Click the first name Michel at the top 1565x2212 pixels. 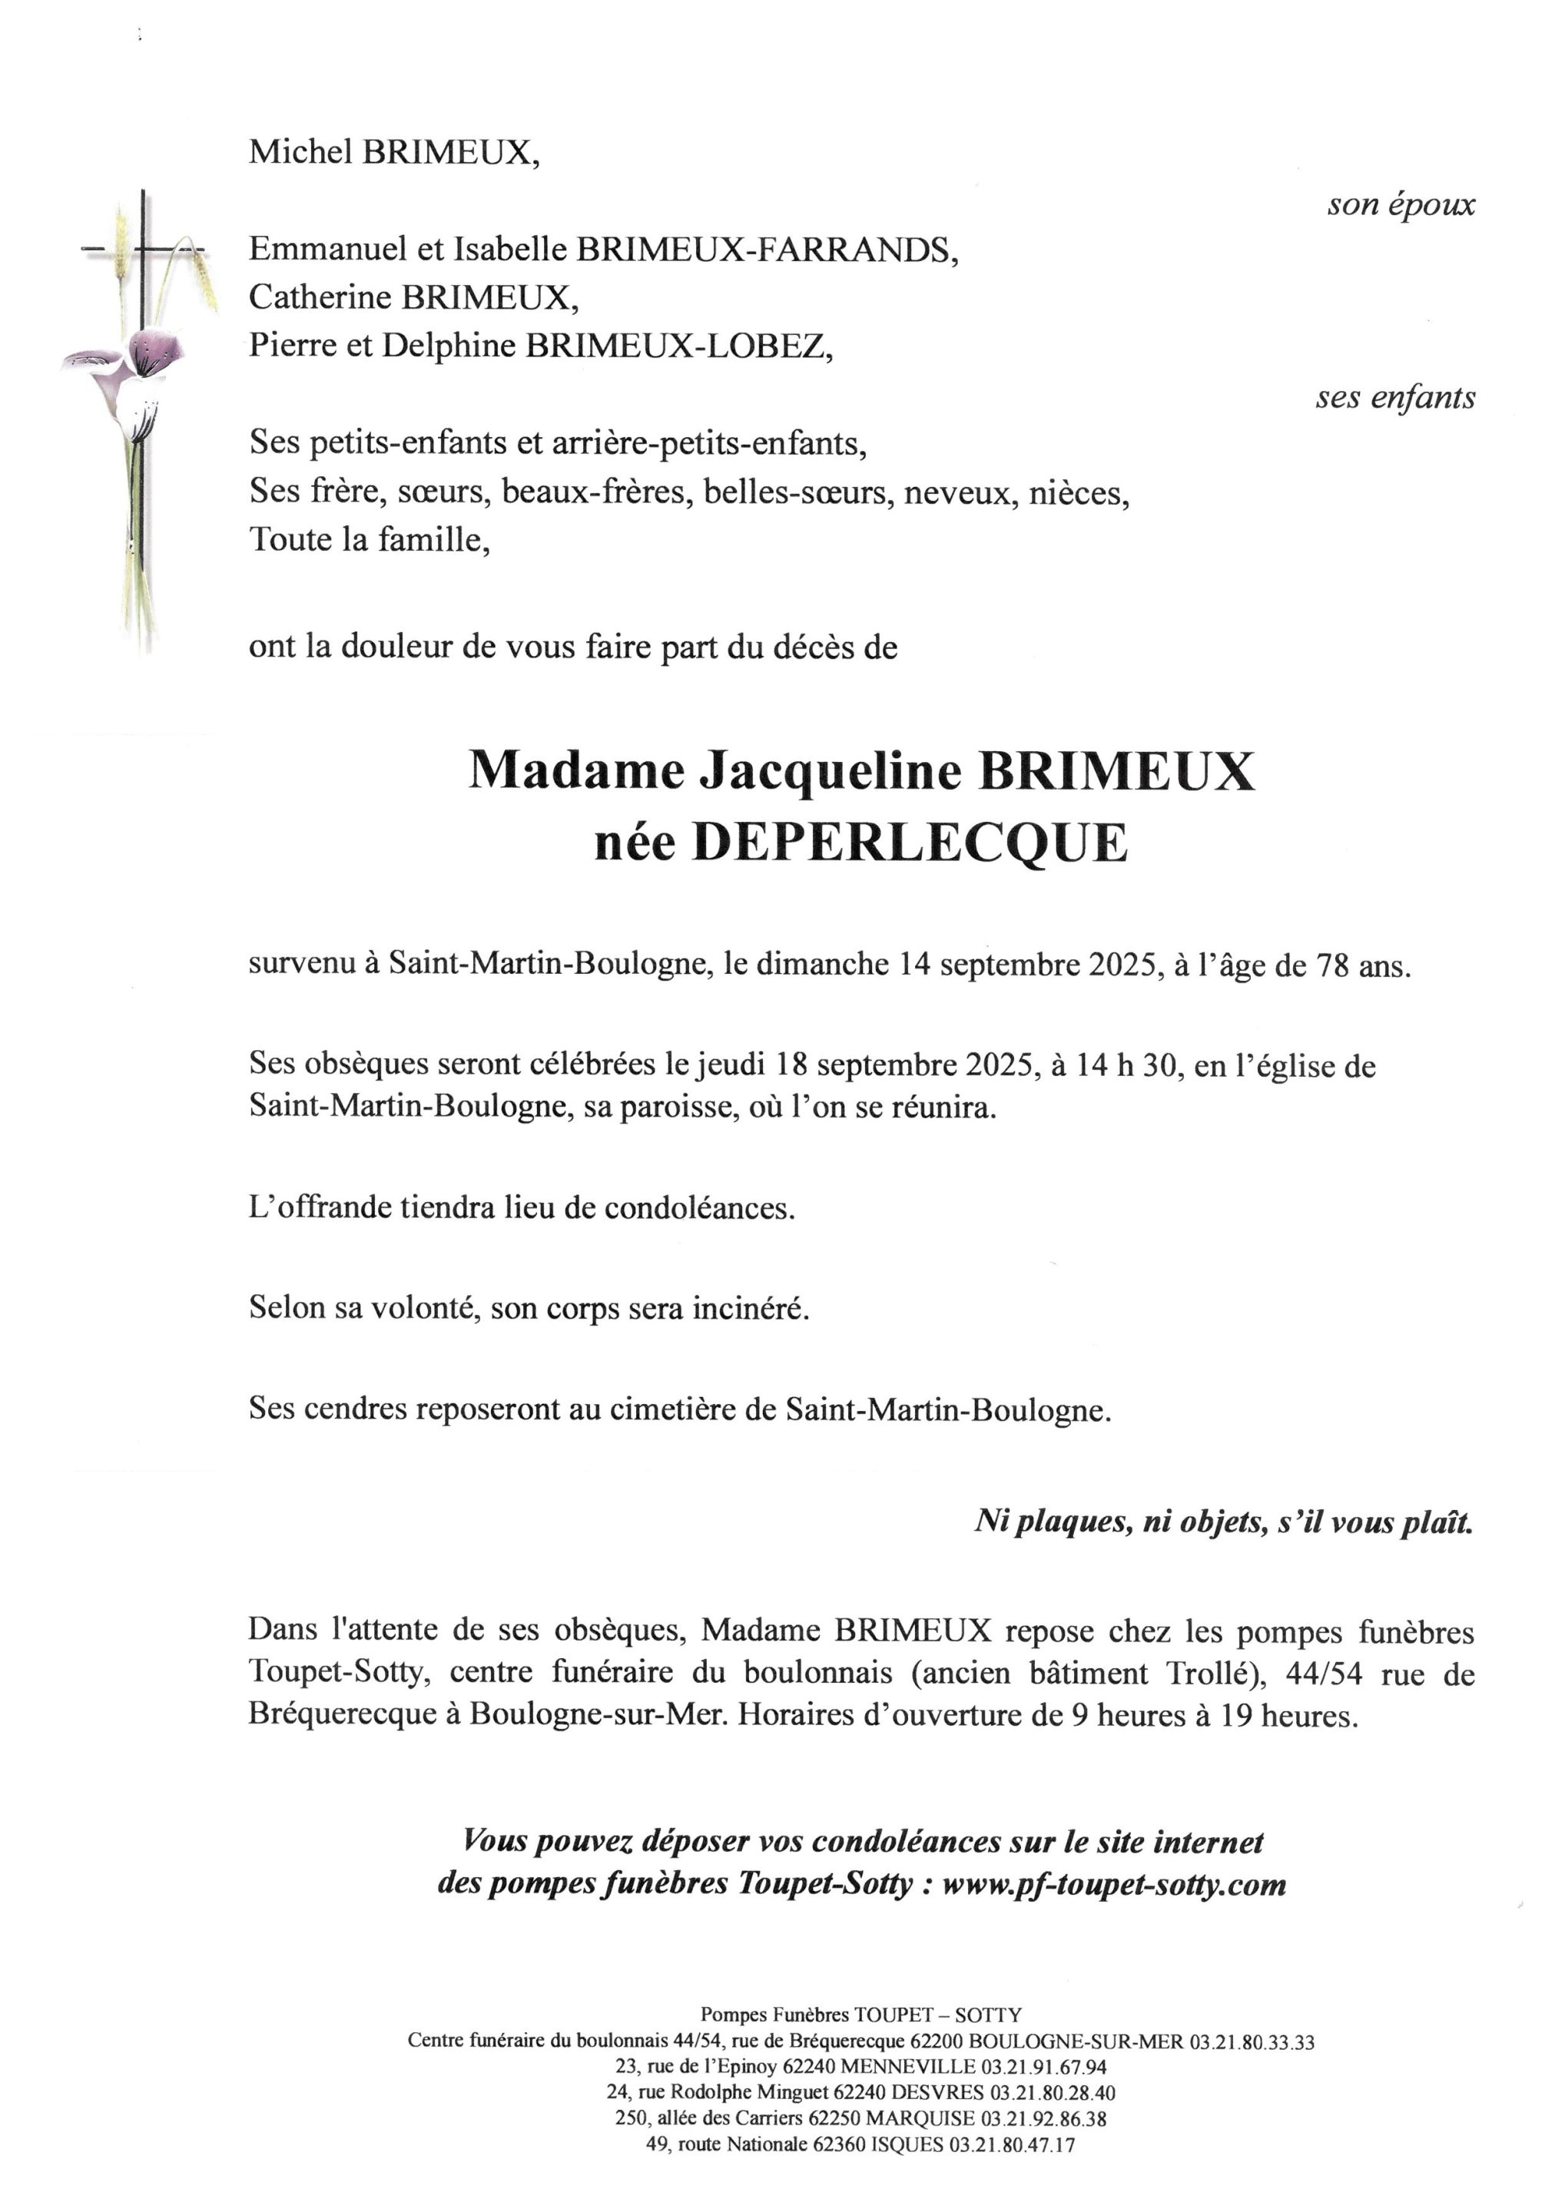coord(300,152)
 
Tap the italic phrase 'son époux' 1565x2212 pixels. coord(1401,204)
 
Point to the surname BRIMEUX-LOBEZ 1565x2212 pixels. coord(678,345)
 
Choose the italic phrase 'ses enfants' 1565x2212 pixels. coord(1394,397)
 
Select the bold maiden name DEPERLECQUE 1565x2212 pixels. coord(910,843)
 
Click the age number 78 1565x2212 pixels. coord(1333,965)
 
